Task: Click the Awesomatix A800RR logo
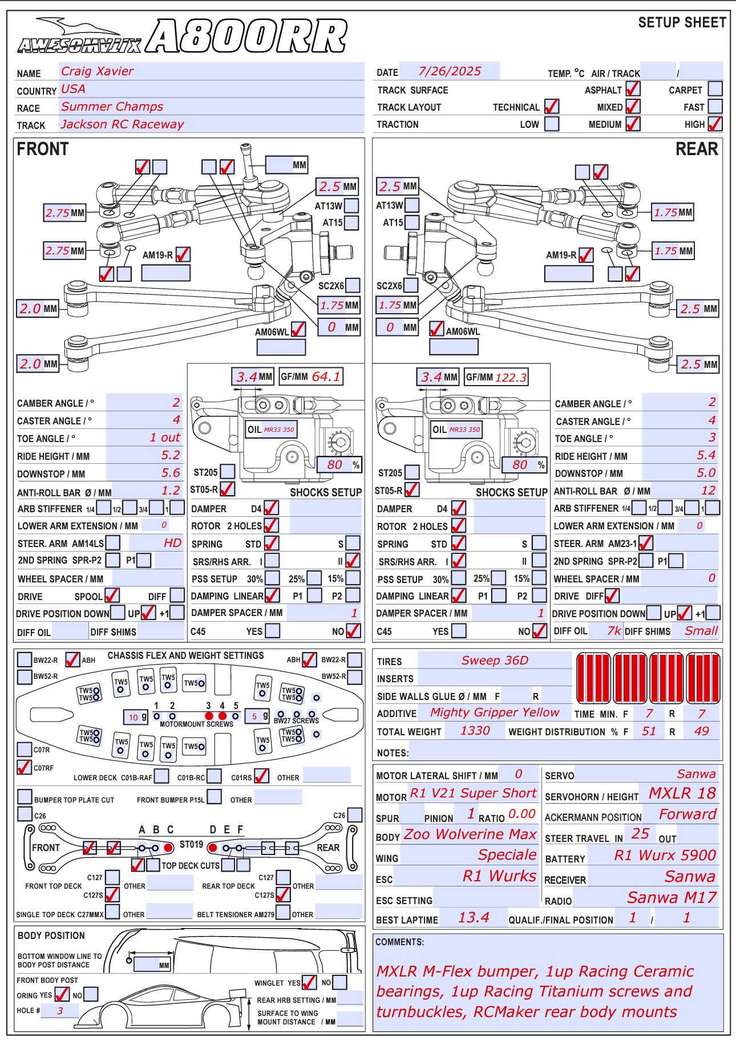(x=182, y=36)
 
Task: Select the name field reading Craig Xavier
(x=98, y=71)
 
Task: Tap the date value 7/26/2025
(x=450, y=71)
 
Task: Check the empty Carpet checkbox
(x=715, y=89)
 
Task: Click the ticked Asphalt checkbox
(x=633, y=89)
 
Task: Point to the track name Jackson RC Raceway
(x=123, y=124)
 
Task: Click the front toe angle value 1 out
(x=165, y=438)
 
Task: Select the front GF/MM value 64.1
(x=326, y=376)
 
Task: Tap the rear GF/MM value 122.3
(x=511, y=377)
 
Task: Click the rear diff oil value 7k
(x=614, y=630)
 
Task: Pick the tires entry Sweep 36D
(x=495, y=661)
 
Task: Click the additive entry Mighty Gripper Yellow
(x=495, y=712)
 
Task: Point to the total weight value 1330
(x=475, y=731)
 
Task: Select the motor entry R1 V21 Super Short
(x=473, y=793)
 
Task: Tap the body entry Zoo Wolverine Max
(x=470, y=835)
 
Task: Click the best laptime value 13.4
(x=474, y=917)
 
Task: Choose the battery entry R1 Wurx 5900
(x=665, y=856)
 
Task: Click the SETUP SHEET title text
(x=682, y=23)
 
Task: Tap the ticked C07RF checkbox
(x=25, y=767)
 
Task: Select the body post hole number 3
(x=60, y=1010)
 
